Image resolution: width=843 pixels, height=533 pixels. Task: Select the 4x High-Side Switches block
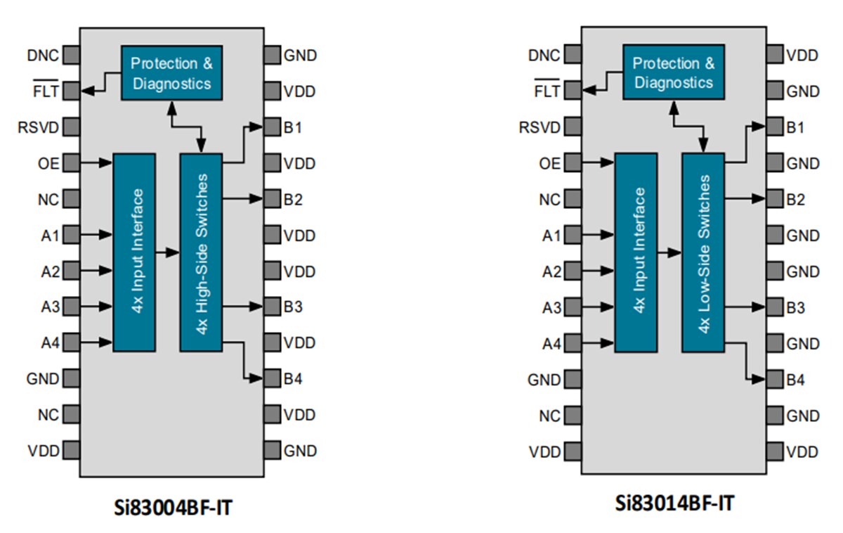(x=201, y=252)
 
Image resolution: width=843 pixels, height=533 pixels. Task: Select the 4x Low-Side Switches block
(x=703, y=252)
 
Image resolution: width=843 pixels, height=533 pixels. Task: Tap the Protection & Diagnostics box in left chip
(x=171, y=73)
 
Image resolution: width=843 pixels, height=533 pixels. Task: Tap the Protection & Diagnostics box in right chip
(x=674, y=73)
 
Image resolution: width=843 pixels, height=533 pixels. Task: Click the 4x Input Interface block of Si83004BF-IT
(x=133, y=252)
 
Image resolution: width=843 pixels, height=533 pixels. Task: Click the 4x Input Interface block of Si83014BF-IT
(x=636, y=252)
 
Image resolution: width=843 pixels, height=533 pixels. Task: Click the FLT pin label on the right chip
(x=547, y=91)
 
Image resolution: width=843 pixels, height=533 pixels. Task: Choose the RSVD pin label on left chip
(x=41, y=127)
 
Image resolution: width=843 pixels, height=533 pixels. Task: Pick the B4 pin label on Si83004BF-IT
(x=294, y=379)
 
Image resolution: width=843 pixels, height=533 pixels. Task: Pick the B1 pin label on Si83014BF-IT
(x=795, y=127)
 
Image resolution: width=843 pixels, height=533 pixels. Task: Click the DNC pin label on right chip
(x=544, y=56)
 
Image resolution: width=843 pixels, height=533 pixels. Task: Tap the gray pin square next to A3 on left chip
(x=71, y=307)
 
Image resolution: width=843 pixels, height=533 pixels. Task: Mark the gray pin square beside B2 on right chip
(x=774, y=199)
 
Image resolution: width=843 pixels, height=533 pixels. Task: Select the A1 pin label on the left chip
(x=50, y=235)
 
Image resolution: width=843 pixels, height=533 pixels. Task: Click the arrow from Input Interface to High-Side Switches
(x=167, y=252)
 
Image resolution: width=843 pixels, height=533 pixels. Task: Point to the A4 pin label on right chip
(x=551, y=343)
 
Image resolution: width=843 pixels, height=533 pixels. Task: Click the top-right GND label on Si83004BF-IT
(x=300, y=56)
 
